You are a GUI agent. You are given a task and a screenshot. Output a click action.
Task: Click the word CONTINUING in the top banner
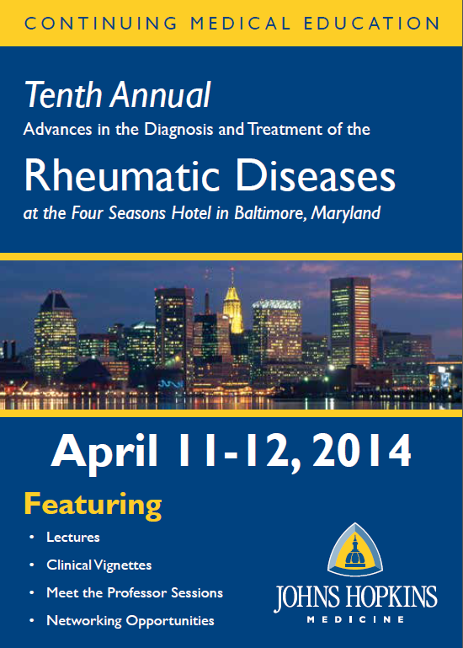tap(101, 23)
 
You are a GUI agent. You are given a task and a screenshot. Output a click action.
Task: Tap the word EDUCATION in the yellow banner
tap(372, 23)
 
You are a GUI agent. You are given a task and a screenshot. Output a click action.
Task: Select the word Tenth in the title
tap(63, 94)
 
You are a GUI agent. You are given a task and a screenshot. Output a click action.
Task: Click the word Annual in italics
tap(160, 94)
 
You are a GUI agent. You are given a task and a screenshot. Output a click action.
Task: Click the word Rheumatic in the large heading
tap(122, 175)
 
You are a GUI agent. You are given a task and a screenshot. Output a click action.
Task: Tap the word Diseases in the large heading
tap(316, 175)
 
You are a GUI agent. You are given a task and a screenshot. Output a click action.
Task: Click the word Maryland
tap(346, 214)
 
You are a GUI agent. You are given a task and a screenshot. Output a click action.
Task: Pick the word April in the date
tap(104, 452)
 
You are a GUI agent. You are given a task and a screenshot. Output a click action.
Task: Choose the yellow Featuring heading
tap(93, 506)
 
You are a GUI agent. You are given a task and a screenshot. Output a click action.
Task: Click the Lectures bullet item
tap(73, 538)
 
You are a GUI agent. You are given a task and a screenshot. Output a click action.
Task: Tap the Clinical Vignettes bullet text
tap(99, 565)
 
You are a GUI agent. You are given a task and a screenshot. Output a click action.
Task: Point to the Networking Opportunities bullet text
tap(130, 621)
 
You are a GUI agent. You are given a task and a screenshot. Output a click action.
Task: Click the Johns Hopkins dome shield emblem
tap(355, 551)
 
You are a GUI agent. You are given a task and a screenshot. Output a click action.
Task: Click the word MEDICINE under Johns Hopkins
tap(355, 619)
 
